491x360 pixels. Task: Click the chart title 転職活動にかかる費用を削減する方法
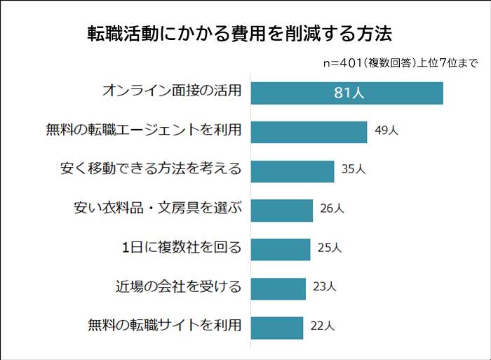(x=238, y=34)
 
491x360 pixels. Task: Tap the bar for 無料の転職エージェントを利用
(x=309, y=132)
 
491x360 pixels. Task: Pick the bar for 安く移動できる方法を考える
(x=292, y=171)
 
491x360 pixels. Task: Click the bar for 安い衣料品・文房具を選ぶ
(x=281, y=210)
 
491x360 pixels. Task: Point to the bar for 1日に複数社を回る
(x=281, y=248)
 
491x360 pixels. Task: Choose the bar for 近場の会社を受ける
(x=278, y=288)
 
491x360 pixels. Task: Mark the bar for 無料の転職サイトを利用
(x=277, y=326)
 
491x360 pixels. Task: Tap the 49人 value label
(x=386, y=131)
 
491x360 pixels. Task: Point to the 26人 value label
(x=332, y=208)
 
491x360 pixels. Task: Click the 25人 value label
(x=329, y=248)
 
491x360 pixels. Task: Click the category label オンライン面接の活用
(x=172, y=91)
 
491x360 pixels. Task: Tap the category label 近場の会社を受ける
(x=179, y=286)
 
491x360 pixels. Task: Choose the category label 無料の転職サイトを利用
(x=165, y=326)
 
